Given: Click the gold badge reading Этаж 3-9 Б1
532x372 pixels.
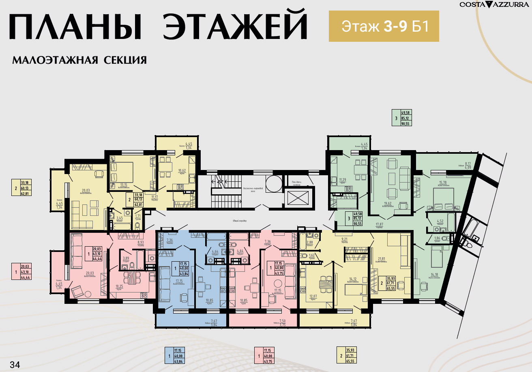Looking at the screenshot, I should click(x=384, y=26).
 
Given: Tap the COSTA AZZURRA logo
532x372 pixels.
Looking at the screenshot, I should click(x=493, y=4).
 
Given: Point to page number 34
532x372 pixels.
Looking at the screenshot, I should click(x=15, y=364).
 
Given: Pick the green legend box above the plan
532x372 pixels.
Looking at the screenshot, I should click(x=402, y=118).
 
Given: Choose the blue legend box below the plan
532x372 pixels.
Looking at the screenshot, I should click(x=175, y=355).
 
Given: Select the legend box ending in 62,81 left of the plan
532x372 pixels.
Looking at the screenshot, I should click(x=21, y=188).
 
